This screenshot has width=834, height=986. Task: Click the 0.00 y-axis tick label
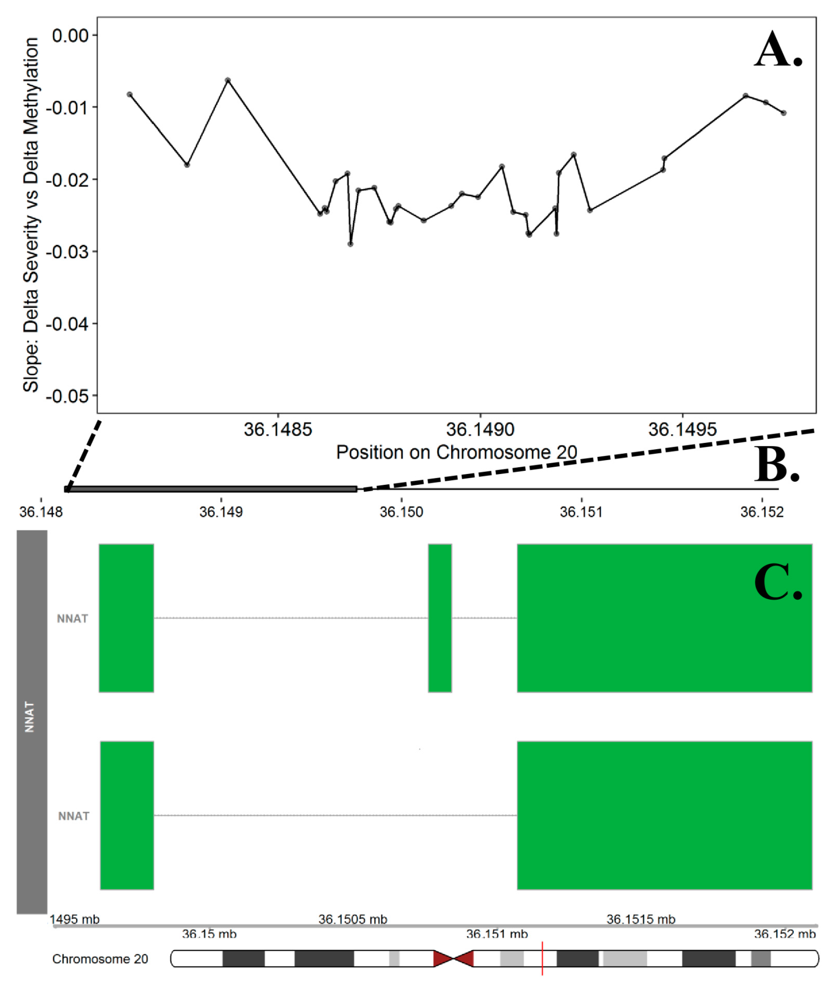tap(70, 35)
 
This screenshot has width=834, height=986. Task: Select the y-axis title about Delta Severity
tap(31, 215)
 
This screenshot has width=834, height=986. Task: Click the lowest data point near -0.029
tap(350, 244)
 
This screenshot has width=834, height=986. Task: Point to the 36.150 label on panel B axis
tap(401, 512)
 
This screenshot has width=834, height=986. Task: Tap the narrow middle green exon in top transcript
tap(440, 618)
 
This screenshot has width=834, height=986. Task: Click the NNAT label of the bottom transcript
tap(74, 816)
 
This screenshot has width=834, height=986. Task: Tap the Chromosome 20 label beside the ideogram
tap(100, 959)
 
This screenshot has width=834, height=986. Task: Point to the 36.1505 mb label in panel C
tap(353, 919)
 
